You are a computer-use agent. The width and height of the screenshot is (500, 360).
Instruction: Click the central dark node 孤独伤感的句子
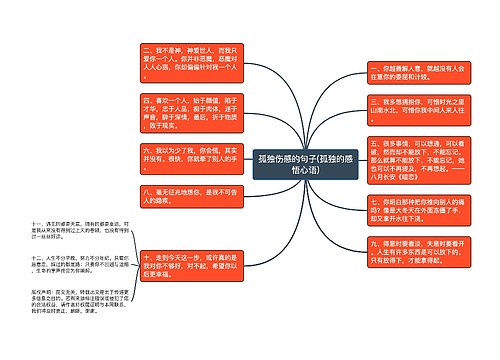pyautogui.click(x=301, y=164)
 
